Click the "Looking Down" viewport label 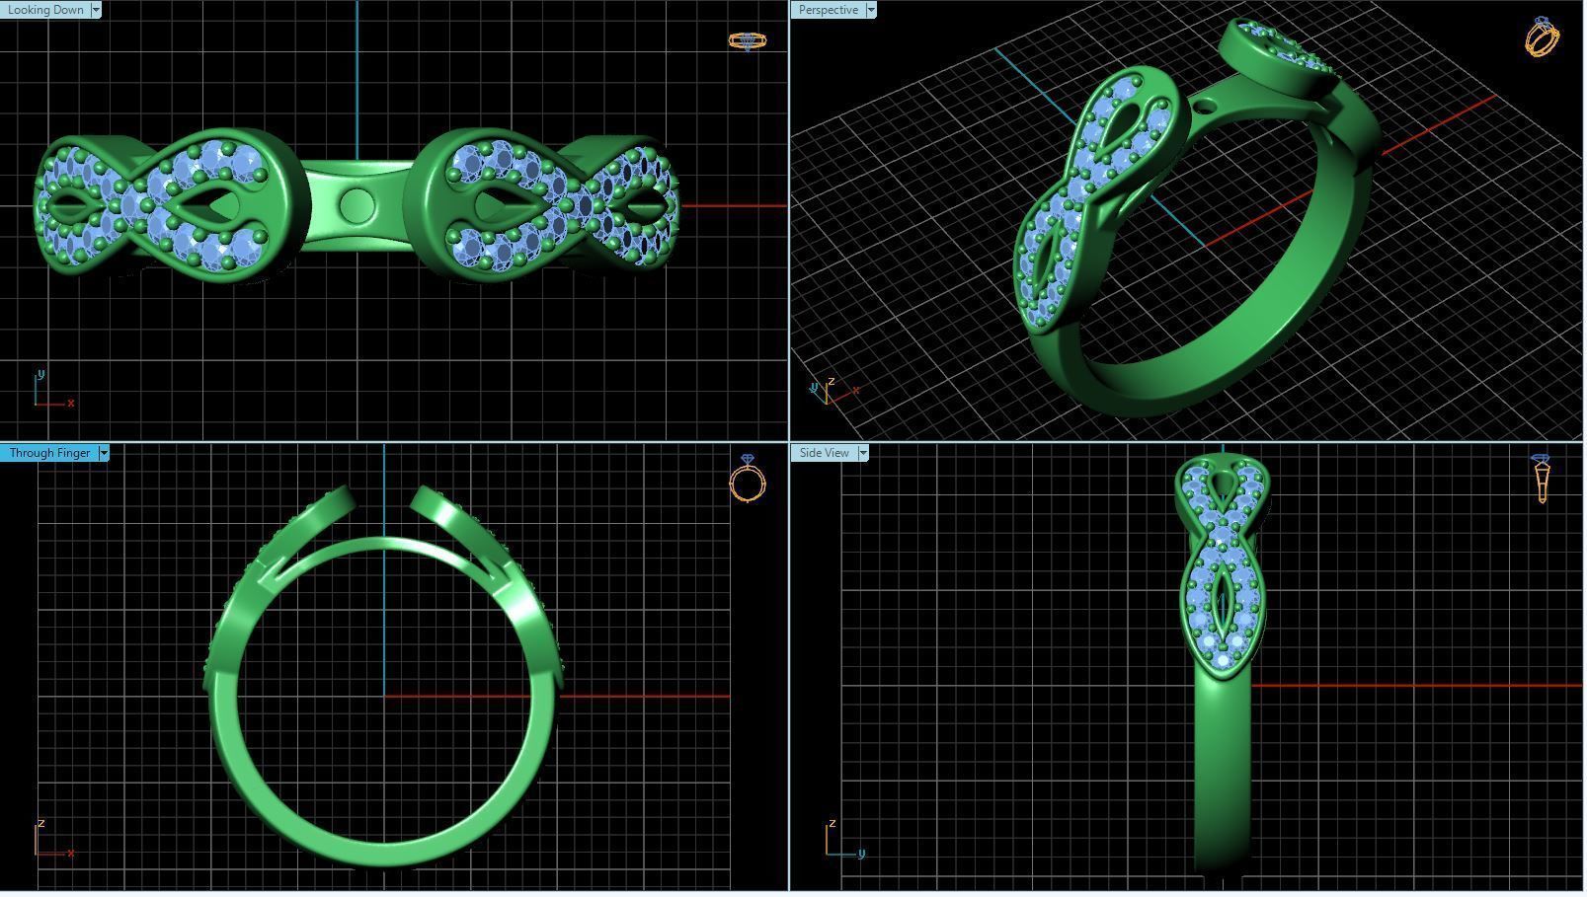pyautogui.click(x=45, y=10)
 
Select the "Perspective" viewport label pyautogui.click(x=828, y=10)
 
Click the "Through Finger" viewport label pyautogui.click(x=49, y=453)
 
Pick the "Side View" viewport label pyautogui.click(x=824, y=453)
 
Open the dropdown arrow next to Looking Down pyautogui.click(x=96, y=10)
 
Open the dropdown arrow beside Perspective pyautogui.click(x=870, y=10)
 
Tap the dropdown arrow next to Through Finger pyautogui.click(x=104, y=453)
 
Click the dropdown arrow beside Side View pyautogui.click(x=863, y=453)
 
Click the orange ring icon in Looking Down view pyautogui.click(x=747, y=40)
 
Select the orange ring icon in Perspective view pyautogui.click(x=1542, y=37)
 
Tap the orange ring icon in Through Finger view pyautogui.click(x=748, y=479)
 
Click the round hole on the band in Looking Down pyautogui.click(x=357, y=206)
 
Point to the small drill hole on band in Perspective pyautogui.click(x=1204, y=106)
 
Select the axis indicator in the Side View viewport pyautogui.click(x=842, y=841)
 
